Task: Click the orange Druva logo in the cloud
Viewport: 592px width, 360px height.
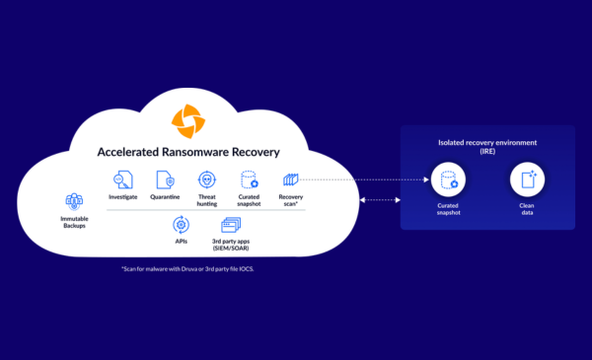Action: coord(188,121)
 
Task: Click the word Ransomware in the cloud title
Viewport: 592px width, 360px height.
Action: coord(195,152)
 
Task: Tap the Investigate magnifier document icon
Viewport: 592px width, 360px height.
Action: coord(123,180)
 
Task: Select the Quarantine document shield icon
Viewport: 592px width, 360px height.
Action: coord(166,180)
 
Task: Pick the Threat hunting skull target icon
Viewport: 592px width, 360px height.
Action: coord(207,180)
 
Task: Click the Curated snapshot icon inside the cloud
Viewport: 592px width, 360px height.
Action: coord(250,180)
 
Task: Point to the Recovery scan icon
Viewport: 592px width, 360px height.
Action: coord(291,180)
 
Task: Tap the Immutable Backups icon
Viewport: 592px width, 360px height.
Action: coord(74,202)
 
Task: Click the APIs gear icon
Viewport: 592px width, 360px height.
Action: coord(181,225)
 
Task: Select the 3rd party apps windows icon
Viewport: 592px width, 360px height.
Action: coord(231,225)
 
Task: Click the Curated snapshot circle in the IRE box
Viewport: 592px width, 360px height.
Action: coord(448,180)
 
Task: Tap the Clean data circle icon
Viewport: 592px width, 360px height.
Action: coord(527,180)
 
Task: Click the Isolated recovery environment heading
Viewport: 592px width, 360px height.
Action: coord(487,147)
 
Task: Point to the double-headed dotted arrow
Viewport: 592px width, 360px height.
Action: coord(380,200)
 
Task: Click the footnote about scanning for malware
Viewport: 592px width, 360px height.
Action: coord(187,269)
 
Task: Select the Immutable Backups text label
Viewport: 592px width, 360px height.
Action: coord(74,222)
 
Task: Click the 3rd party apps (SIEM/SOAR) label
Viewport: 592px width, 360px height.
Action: coord(231,245)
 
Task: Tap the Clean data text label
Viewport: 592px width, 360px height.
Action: coord(527,209)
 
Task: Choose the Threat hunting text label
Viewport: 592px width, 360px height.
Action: coord(207,200)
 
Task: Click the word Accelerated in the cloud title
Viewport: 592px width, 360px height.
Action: coord(128,152)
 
